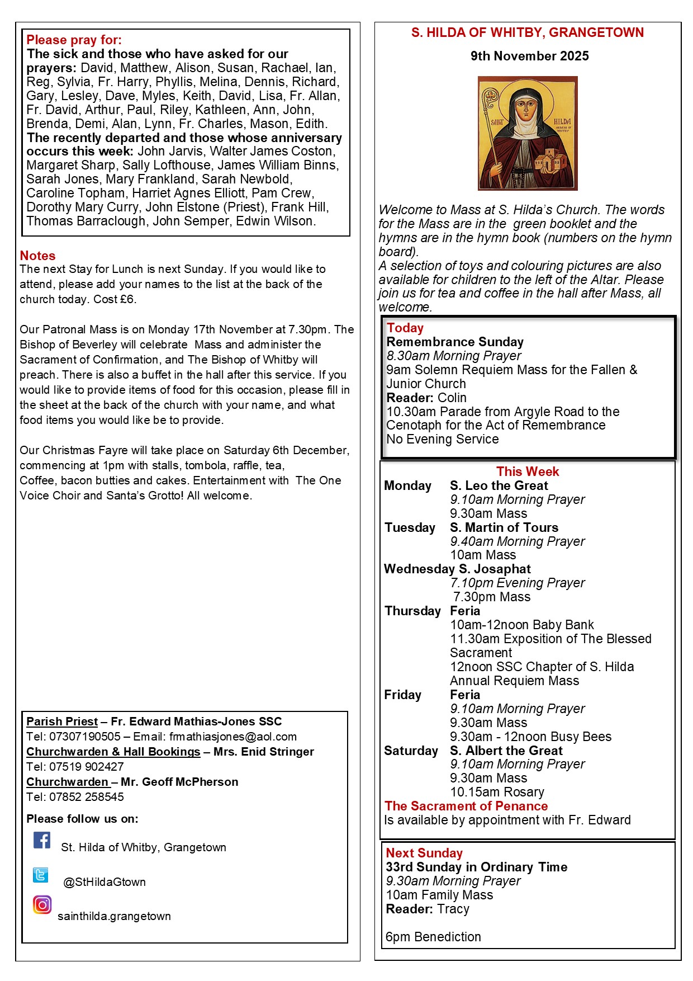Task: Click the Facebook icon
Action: coord(42,840)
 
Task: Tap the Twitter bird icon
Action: coord(40,875)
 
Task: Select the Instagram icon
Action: coord(42,904)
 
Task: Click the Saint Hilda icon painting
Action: coord(528,133)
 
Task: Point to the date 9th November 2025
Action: coord(529,56)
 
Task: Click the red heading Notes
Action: coord(37,256)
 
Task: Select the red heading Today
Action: coord(405,328)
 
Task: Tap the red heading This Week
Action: coord(528,471)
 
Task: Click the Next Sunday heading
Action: coord(424,853)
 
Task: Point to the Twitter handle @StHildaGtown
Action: coord(105,882)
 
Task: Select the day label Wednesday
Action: coord(419,569)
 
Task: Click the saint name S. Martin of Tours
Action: coord(504,527)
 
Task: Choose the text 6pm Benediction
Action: coord(433,937)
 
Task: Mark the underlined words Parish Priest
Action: coord(62,721)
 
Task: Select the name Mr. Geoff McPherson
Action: coord(179,782)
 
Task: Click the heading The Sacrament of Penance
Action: coord(466,806)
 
